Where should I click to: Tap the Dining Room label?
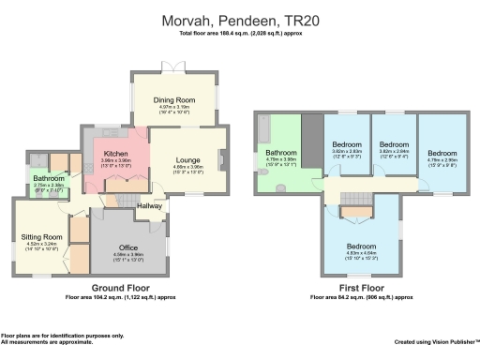point(175,99)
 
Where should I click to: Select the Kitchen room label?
point(116,153)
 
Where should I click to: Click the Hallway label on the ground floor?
point(150,205)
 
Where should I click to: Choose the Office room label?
point(128,247)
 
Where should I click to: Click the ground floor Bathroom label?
point(48,177)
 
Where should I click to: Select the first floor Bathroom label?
point(280,152)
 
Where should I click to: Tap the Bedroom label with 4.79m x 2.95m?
point(440,152)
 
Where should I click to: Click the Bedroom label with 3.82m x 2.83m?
point(345,150)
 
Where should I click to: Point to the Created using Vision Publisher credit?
point(437,342)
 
